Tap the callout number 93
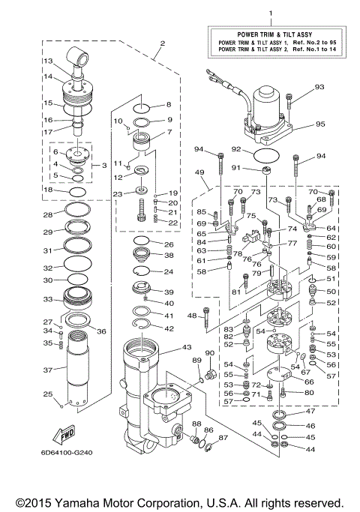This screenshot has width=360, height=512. pyautogui.click(x=319, y=87)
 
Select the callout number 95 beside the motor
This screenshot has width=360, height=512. pyautogui.click(x=319, y=124)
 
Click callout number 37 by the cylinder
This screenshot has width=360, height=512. pyautogui.click(x=47, y=370)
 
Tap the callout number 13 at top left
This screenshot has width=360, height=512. pyautogui.click(x=46, y=61)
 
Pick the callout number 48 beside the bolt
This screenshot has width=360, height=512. pyautogui.click(x=191, y=315)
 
